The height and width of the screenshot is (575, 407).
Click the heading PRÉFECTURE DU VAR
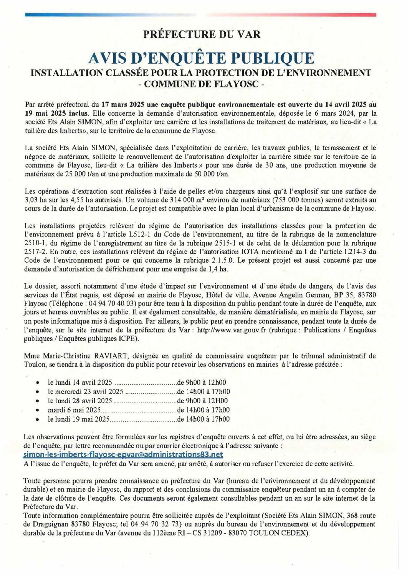click(x=202, y=34)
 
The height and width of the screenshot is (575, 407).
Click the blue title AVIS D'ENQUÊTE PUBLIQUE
click(x=201, y=58)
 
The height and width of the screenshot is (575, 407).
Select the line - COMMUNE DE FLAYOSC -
click(x=201, y=84)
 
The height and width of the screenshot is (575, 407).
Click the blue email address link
click(x=123, y=455)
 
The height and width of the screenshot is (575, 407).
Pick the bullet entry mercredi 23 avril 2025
click(x=85, y=392)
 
